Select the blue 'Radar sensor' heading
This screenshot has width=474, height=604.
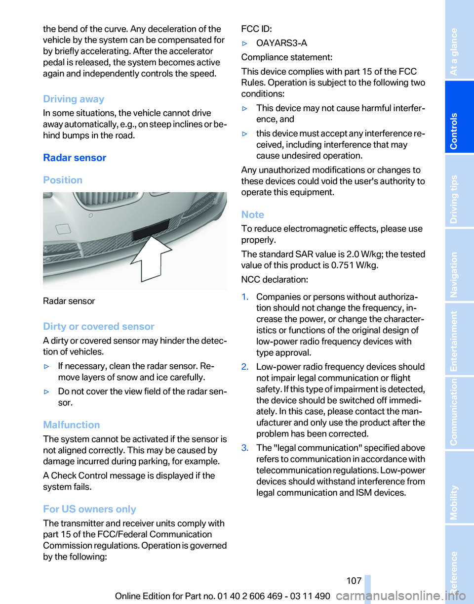75,158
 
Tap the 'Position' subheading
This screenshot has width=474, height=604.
63,180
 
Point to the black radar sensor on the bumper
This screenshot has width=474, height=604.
151,229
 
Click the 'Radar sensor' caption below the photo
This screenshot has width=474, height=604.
69,301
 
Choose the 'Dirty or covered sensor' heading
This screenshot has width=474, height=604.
99,326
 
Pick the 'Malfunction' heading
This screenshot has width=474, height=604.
72,425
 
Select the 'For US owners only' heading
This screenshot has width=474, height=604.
89,509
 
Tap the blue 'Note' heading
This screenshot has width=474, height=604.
252,215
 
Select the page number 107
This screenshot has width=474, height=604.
354,580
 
